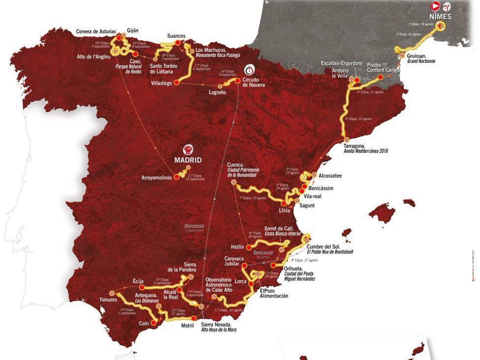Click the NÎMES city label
coord(447,16)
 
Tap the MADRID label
coord(189,160)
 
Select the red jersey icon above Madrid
coord(188,150)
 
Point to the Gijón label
coord(133,30)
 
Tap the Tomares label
coord(108,300)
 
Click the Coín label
coord(143,323)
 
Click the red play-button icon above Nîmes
coord(435,6)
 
